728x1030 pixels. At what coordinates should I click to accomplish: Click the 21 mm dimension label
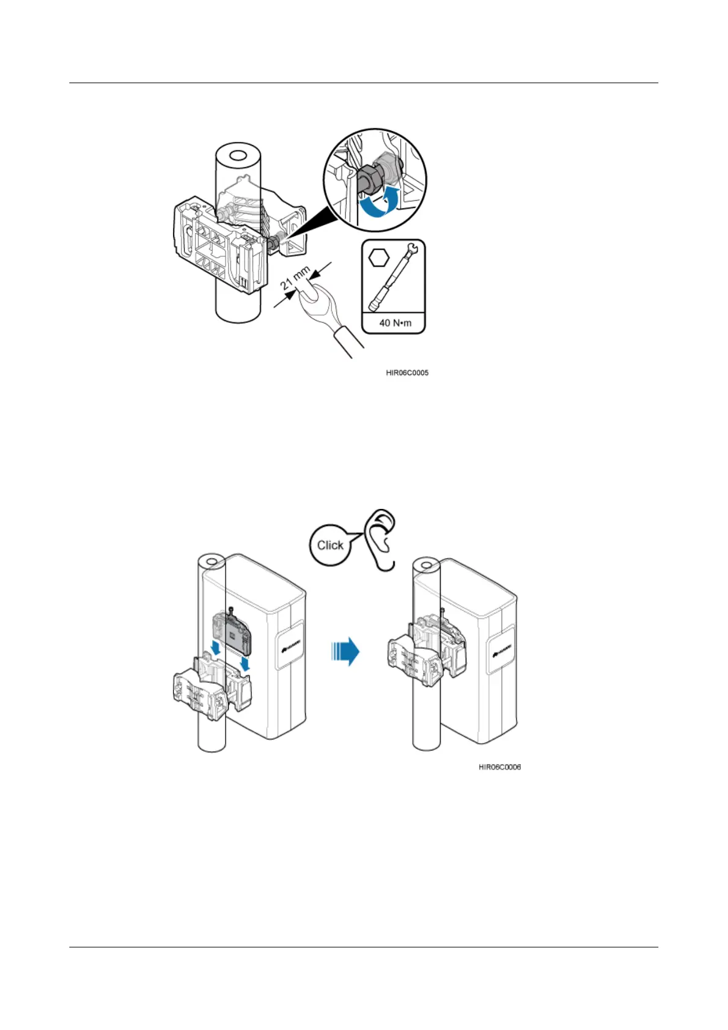tap(296, 278)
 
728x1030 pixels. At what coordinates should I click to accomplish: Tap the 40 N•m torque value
tap(395, 323)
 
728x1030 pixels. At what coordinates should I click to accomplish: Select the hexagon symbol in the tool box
tap(379, 257)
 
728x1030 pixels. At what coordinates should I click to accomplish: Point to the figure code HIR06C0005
tap(407, 372)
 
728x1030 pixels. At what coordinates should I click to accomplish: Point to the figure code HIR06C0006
tap(499, 767)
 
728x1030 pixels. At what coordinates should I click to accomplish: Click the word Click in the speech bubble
tap(330, 545)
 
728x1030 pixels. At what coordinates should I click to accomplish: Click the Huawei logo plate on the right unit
tap(501, 652)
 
